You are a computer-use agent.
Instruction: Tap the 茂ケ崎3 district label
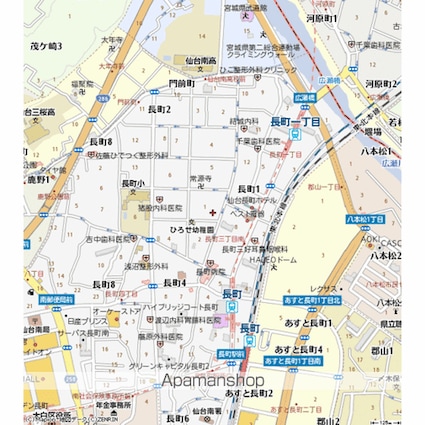46,46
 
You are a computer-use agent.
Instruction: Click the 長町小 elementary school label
134,183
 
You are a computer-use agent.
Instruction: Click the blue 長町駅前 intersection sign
231,353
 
